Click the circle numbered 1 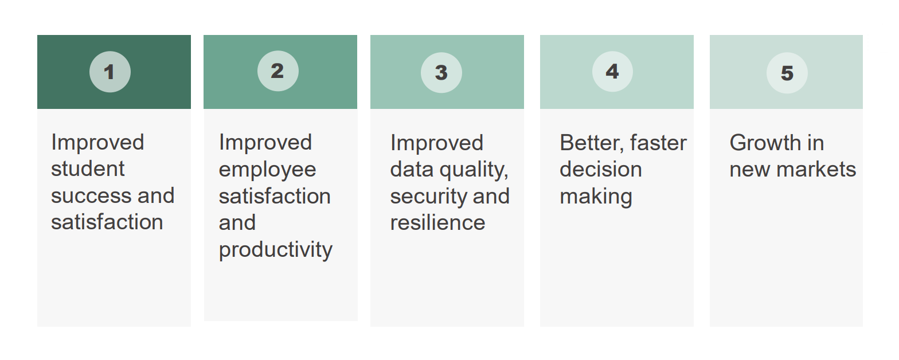point(110,72)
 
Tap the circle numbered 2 point(277,71)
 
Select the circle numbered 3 point(441,72)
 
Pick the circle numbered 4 point(612,71)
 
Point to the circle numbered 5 point(787,73)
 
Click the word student point(88,169)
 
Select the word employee point(267,170)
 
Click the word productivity point(275,250)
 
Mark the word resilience point(437,222)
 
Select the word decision point(600,170)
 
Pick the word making point(596,197)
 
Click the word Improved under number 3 point(436,143)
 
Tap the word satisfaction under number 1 point(107,222)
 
